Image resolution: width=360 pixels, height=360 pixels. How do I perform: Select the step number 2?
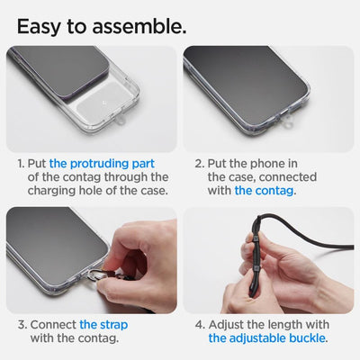pyautogui.click(x=200, y=164)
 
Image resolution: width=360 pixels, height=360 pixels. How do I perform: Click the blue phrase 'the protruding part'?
pyautogui.click(x=102, y=164)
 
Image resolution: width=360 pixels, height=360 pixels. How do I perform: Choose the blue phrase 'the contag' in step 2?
pyautogui.click(x=266, y=192)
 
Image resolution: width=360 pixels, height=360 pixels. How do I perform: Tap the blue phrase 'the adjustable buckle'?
pyautogui.click(x=267, y=338)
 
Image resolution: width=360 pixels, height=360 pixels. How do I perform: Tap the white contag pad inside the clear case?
pyautogui.click(x=131, y=117)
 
